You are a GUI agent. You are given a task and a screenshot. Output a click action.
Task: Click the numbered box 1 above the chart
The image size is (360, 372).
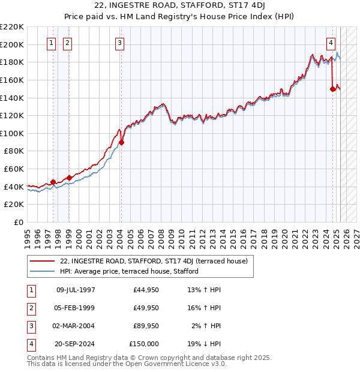(x=52, y=43)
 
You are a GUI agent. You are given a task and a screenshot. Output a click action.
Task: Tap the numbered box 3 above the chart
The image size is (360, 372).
(x=120, y=43)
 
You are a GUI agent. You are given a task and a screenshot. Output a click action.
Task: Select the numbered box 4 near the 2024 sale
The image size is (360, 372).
(x=331, y=43)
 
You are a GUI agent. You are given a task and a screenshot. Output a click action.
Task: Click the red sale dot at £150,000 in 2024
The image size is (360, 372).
(x=332, y=89)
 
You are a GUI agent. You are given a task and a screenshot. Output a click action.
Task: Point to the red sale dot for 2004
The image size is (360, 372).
(x=121, y=142)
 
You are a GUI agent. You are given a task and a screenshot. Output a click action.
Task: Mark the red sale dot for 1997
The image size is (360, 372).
(x=53, y=182)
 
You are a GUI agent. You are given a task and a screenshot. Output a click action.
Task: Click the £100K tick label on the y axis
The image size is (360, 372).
(x=12, y=133)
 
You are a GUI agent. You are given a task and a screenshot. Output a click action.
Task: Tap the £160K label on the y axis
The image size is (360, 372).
(x=12, y=80)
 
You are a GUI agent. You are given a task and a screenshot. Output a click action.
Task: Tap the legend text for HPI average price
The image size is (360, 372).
(x=129, y=272)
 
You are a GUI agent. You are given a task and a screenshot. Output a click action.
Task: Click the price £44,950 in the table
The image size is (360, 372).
(x=146, y=290)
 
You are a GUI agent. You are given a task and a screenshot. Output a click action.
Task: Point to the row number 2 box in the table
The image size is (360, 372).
(x=30, y=308)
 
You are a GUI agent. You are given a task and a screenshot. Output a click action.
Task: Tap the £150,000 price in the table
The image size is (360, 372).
(x=145, y=344)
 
